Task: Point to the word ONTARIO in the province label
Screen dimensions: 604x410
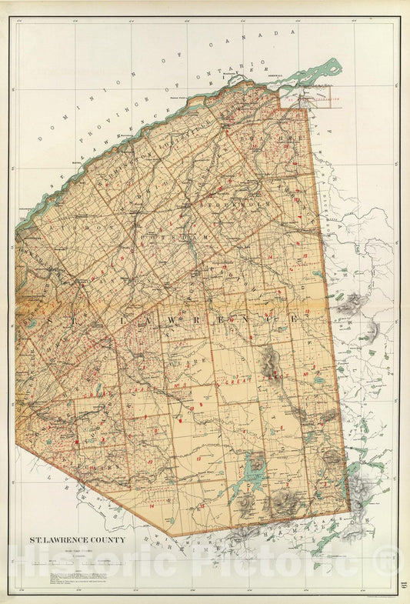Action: tap(232, 69)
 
